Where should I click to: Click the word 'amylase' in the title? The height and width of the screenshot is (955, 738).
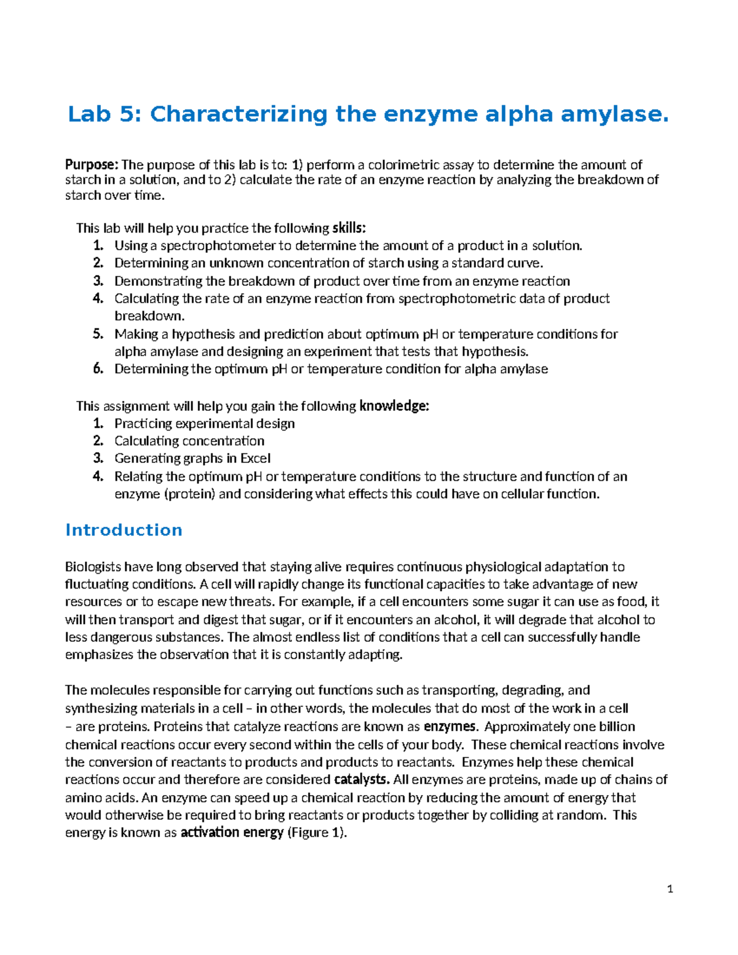pos(616,114)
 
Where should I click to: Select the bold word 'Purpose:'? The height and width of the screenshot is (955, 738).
pos(92,165)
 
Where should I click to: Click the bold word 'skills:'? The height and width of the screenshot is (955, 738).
pos(349,228)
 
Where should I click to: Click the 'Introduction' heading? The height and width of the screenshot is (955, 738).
pos(124,530)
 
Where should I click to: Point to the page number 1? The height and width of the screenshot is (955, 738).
pos(670,889)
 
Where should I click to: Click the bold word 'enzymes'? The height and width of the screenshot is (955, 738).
pos(450,727)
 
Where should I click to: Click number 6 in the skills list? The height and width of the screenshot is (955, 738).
pos(98,369)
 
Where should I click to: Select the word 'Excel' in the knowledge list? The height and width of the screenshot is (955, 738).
pos(255,459)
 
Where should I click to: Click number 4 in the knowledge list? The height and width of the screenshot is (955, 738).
pos(98,477)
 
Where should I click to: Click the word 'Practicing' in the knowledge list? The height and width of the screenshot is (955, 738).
pos(143,424)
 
